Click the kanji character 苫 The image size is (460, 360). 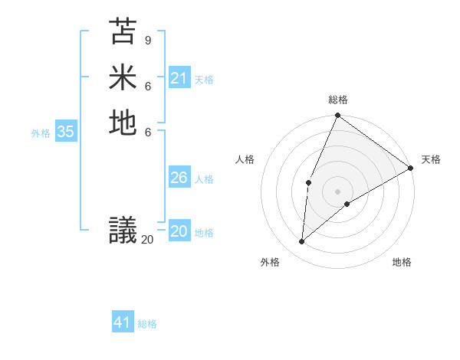point(123,31)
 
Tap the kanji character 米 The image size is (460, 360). point(123,77)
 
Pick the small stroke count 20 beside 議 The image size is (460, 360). point(147,240)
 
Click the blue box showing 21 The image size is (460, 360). point(179,78)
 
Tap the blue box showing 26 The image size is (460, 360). point(179,178)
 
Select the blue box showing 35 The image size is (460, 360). point(66,132)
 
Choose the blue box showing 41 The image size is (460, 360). point(123,322)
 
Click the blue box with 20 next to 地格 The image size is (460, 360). point(179,232)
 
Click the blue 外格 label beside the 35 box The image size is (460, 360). point(41,133)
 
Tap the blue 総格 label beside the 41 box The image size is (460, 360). point(147,323)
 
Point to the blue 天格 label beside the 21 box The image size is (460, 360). point(204,79)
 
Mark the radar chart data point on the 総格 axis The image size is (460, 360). point(337,116)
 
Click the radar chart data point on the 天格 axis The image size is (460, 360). point(411,168)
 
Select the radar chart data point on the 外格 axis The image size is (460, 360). point(302,241)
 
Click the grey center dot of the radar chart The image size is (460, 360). point(337,191)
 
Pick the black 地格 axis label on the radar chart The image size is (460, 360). point(402,262)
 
